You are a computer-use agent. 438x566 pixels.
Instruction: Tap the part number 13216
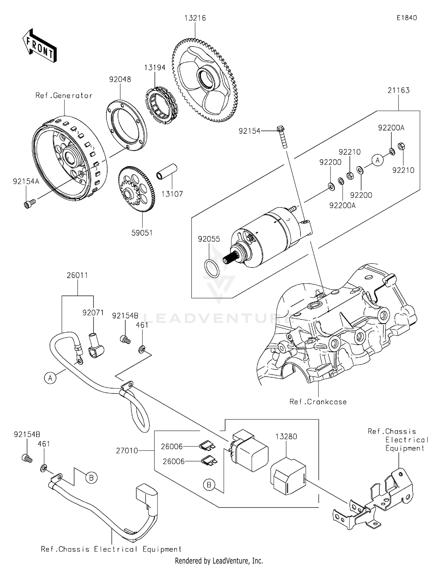[x=195, y=18]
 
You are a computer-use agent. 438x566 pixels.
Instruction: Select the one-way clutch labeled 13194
[x=160, y=104]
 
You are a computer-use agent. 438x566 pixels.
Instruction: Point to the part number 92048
[x=120, y=79]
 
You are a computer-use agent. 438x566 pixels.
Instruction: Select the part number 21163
[x=399, y=90]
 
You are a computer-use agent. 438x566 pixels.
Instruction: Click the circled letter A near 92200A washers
[x=378, y=160]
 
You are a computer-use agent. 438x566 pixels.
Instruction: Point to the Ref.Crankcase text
[x=318, y=402]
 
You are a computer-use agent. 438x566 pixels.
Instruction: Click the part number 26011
[x=77, y=275]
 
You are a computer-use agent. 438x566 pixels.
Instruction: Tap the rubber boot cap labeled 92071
[x=95, y=346]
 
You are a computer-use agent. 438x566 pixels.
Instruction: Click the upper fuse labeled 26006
[x=207, y=446]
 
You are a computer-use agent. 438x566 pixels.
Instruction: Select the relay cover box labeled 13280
[x=288, y=476]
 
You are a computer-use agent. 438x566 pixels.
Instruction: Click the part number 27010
[x=127, y=451]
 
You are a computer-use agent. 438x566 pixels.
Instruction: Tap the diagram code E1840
[x=406, y=18]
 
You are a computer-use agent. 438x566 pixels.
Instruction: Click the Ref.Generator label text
[x=64, y=96]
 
